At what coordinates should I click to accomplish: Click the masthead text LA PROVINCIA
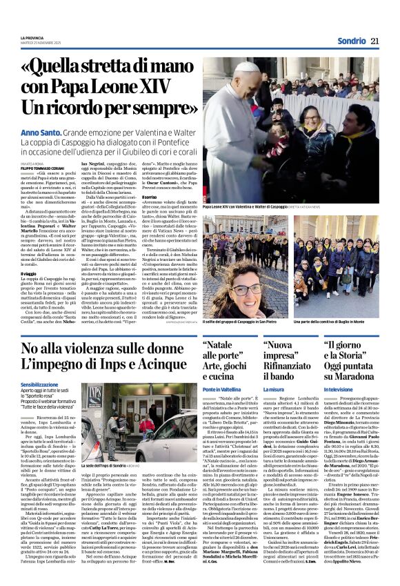(x=32, y=37)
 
